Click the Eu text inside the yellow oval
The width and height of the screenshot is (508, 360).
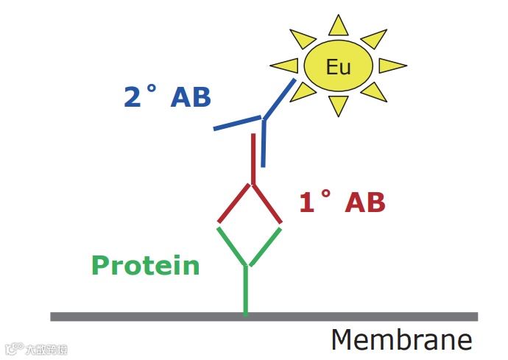339,68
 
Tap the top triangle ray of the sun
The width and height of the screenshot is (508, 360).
339,27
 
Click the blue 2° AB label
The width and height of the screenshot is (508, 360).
168,96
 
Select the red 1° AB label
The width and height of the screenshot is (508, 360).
342,202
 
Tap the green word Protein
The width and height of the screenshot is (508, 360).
145,265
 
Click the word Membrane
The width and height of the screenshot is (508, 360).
401,339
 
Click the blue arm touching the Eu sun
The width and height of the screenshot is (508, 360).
280,99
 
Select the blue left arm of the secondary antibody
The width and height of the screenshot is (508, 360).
237,123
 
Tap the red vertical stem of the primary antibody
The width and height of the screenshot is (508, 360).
253,158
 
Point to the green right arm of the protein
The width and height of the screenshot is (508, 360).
265,246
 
